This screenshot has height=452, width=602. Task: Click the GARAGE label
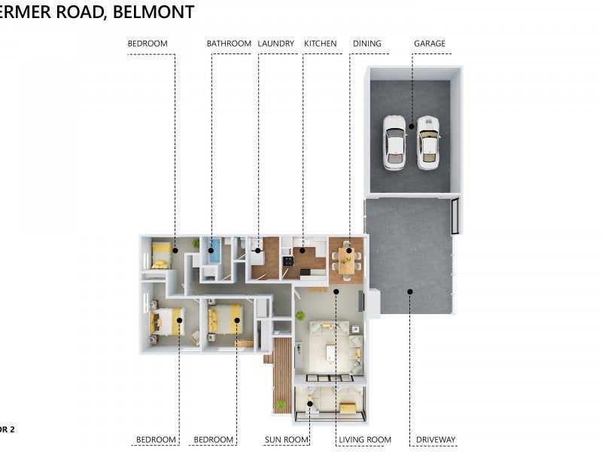(x=429, y=44)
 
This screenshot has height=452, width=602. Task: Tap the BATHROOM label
(x=229, y=44)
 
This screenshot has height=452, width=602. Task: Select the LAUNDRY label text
(x=275, y=44)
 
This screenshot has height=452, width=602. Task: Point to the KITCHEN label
(x=320, y=44)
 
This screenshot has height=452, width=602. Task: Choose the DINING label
(x=366, y=44)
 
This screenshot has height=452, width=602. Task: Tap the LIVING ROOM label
(x=365, y=440)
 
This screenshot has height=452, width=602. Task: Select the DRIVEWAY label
(x=436, y=440)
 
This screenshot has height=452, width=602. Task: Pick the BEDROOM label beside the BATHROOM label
(x=147, y=44)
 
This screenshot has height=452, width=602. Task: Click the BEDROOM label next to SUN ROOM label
(x=214, y=440)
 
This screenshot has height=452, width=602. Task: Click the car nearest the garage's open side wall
(x=428, y=142)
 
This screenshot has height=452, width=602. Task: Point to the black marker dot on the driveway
(x=410, y=291)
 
